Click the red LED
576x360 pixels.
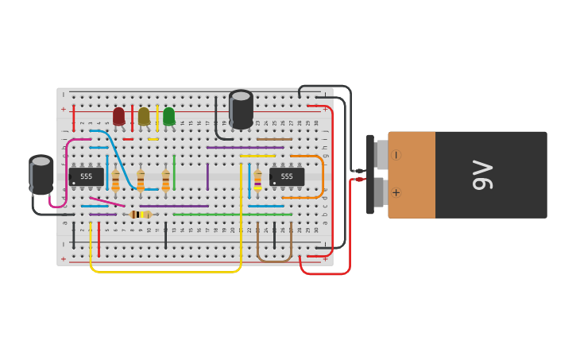tap(118, 116)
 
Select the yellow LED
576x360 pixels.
tap(144, 116)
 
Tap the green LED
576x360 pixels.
tap(168, 116)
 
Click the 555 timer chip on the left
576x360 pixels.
tap(86, 176)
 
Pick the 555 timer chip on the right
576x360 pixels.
tap(287, 176)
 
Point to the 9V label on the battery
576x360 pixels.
tap(483, 175)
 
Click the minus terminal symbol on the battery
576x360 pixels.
tap(396, 156)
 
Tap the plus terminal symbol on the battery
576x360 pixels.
tap(396, 192)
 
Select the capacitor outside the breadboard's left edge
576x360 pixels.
tap(41, 174)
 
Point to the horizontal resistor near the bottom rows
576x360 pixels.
tap(141, 215)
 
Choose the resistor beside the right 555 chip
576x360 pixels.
tap(257, 180)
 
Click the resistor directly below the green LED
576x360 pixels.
tap(166, 180)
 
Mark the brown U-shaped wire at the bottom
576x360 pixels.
tap(274, 259)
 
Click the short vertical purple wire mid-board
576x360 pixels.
tap(208, 176)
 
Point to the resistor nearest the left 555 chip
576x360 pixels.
tap(115, 180)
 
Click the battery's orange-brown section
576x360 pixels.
tap(412, 175)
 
